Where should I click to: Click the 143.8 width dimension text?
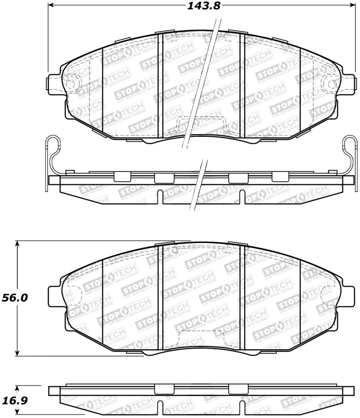click(x=202, y=6)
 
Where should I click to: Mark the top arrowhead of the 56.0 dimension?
click(x=18, y=244)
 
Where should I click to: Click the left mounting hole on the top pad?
click(x=71, y=84)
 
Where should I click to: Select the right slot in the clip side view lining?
click(x=241, y=197)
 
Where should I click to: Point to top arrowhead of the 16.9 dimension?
click(x=18, y=387)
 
